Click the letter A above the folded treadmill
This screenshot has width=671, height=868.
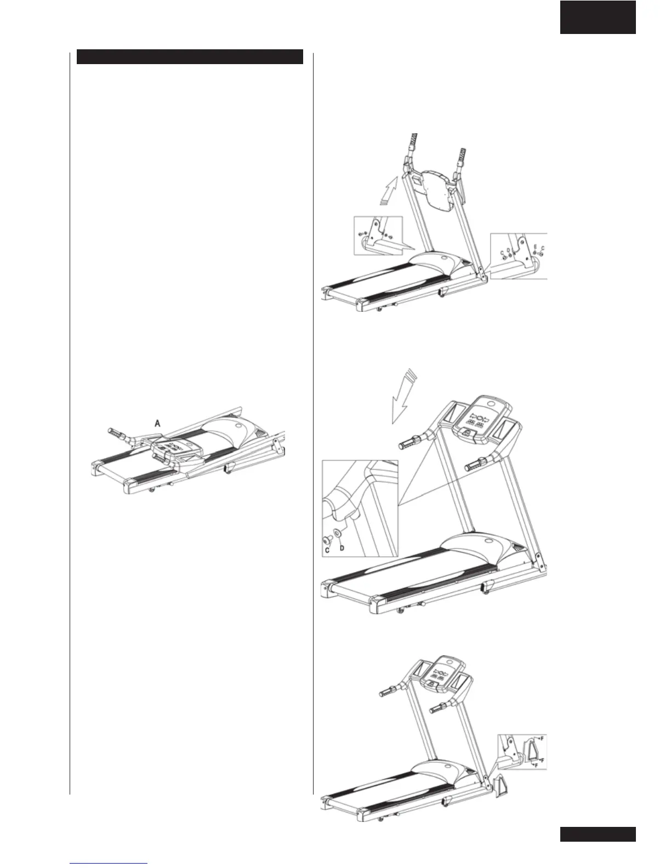pyautogui.click(x=158, y=423)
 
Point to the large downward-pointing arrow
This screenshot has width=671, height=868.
pyautogui.click(x=402, y=398)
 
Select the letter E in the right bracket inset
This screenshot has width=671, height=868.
pyautogui.click(x=535, y=247)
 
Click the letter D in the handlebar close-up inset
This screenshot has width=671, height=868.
pyautogui.click(x=342, y=547)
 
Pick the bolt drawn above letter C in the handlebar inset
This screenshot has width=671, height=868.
pyautogui.click(x=327, y=536)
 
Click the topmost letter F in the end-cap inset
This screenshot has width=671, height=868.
pyautogui.click(x=541, y=739)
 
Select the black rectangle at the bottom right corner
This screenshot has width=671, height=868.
pyautogui.click(x=598, y=834)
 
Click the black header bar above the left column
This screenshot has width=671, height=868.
pyautogui.click(x=190, y=57)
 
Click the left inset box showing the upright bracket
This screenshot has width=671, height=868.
pyautogui.click(x=378, y=236)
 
